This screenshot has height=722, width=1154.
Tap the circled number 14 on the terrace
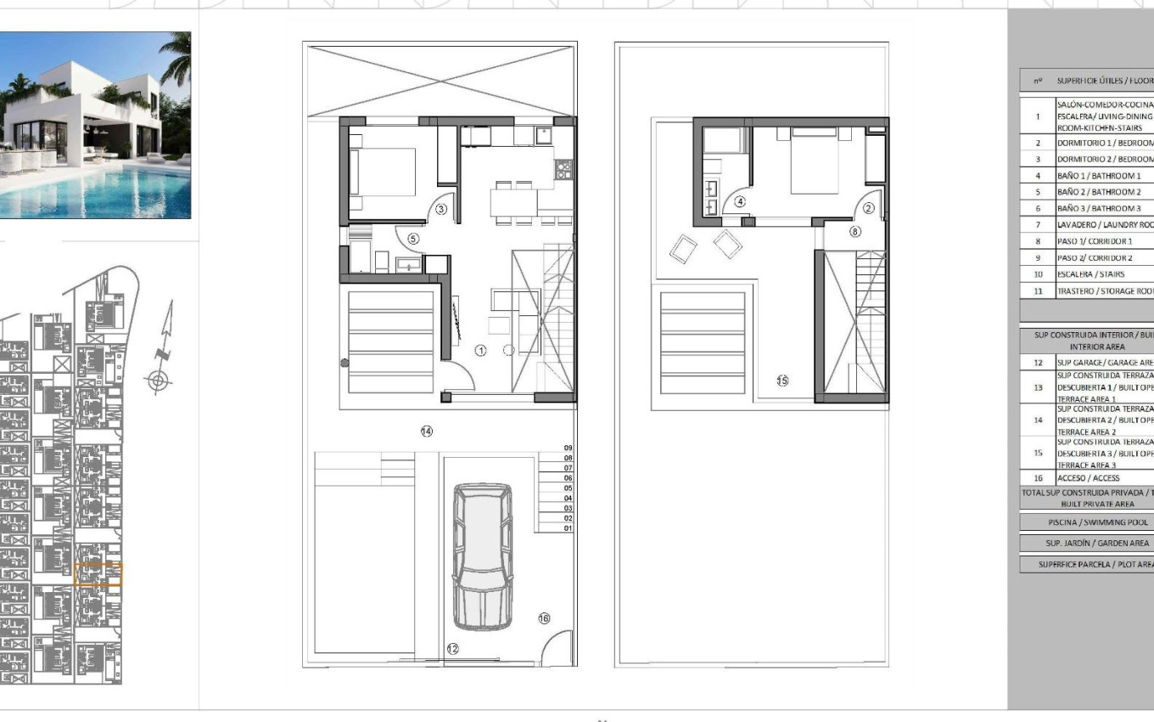(427, 432)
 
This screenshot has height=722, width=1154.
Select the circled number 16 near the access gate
(544, 618)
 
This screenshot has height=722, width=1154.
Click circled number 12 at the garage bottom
(452, 649)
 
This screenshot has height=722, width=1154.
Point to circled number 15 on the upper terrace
(782, 381)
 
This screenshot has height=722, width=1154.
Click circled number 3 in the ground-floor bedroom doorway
(441, 209)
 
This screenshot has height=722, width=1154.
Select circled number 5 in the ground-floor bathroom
(413, 239)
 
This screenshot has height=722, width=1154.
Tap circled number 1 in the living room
(480, 350)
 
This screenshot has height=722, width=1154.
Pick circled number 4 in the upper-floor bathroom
(740, 202)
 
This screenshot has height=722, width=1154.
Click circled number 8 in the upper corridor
(855, 231)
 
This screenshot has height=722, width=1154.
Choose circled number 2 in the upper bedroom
(869, 208)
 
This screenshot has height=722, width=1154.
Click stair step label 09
(568, 448)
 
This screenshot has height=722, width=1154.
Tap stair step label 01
(568, 528)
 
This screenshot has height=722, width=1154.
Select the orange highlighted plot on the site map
(98, 575)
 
